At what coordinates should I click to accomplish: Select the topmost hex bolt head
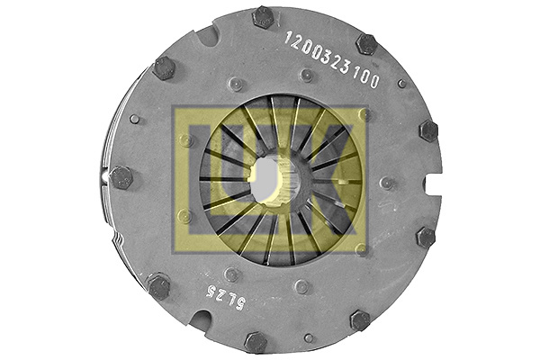click(263, 16)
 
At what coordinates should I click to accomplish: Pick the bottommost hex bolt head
click(256, 342)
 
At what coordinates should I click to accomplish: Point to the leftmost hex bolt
click(121, 177)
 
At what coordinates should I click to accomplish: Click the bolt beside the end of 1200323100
click(366, 44)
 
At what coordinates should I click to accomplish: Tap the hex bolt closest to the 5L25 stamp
click(158, 287)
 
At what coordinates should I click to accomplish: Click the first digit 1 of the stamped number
click(290, 39)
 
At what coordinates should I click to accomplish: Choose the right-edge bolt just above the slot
click(427, 131)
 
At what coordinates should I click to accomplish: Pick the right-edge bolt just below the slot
click(425, 238)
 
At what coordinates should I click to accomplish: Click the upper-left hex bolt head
click(164, 67)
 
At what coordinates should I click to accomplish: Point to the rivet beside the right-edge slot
click(388, 183)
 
